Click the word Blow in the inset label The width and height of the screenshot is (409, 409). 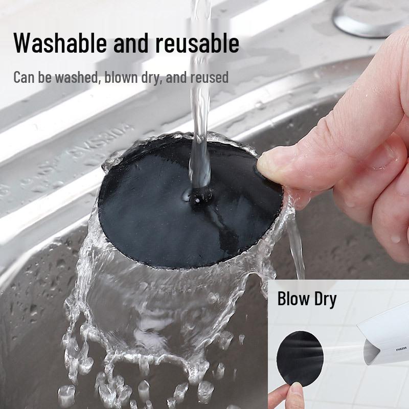(292, 299)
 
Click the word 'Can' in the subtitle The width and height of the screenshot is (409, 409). (22, 78)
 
